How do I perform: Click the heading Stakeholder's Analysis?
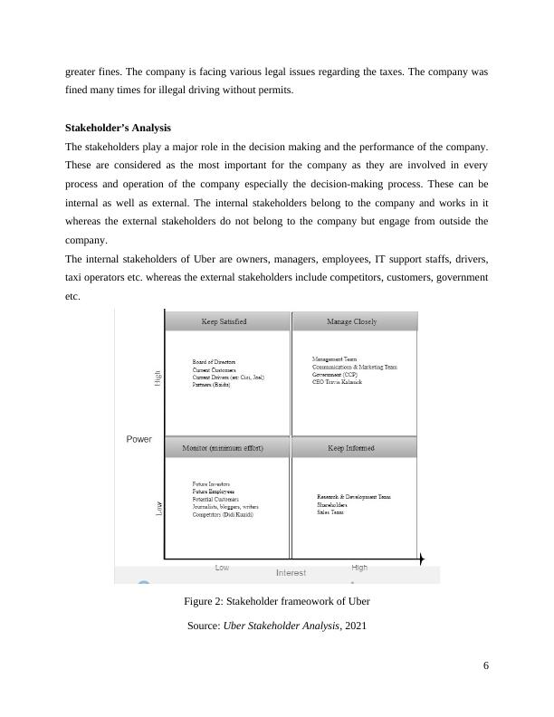(x=118, y=128)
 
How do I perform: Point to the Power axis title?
(x=138, y=439)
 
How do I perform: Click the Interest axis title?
(x=291, y=573)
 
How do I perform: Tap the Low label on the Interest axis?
(x=222, y=568)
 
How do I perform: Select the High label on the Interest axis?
(x=359, y=568)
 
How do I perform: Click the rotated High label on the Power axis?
(x=158, y=379)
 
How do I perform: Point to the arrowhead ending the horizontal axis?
(x=421, y=561)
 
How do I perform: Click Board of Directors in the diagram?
(x=214, y=362)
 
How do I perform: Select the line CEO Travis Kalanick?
(x=337, y=382)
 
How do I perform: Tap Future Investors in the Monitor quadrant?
(x=211, y=484)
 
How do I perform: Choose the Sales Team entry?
(x=330, y=512)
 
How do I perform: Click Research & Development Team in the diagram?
(x=354, y=497)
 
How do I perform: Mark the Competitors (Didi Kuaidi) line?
(x=223, y=515)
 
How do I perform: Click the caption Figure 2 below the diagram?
(x=276, y=601)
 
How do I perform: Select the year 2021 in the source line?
(x=353, y=625)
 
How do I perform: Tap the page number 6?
(x=486, y=666)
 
